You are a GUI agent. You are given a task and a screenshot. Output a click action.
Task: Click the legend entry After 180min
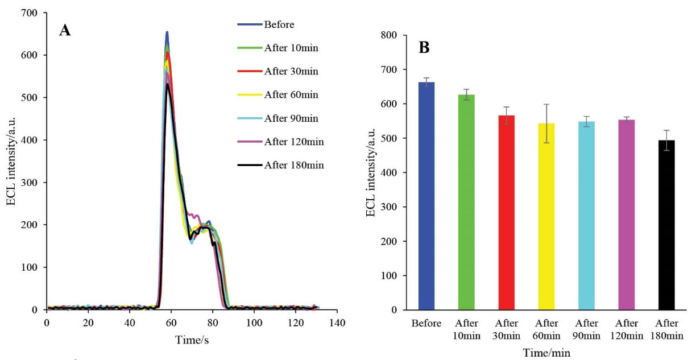click(x=297, y=165)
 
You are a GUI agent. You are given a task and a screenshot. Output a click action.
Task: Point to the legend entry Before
click(x=279, y=24)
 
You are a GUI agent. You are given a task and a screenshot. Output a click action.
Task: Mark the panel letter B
click(x=424, y=48)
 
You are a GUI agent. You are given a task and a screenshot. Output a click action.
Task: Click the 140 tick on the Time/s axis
click(x=337, y=322)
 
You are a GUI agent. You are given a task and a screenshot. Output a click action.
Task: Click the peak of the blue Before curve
click(x=167, y=32)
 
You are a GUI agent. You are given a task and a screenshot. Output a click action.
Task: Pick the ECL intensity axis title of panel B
click(x=370, y=173)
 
